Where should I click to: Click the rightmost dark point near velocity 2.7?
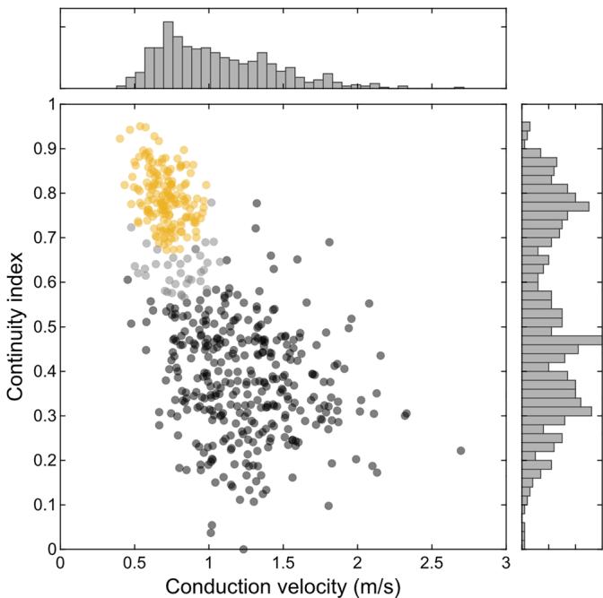[x=461, y=450]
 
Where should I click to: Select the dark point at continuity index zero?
[x=243, y=549]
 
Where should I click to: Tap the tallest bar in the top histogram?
[x=168, y=54]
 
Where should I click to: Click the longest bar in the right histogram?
[x=563, y=340]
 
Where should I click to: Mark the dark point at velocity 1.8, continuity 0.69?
[x=329, y=242]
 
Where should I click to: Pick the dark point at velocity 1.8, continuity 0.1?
[x=328, y=506]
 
